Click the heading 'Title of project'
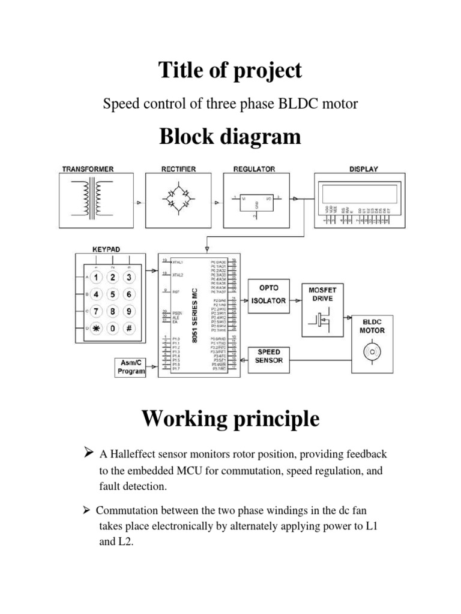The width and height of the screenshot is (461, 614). coord(230,71)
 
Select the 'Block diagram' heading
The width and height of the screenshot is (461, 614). coord(230,137)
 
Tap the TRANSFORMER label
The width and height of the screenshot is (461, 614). coord(88,169)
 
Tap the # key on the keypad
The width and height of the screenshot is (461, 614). coord(128,329)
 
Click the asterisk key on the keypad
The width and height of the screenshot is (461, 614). coord(97,329)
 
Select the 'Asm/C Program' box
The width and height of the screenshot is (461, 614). coord(131,367)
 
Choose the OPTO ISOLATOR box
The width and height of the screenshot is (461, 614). coord(268,294)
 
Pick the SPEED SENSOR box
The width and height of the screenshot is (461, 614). coord(268,356)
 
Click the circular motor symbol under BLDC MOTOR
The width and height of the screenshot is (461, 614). coord(372,351)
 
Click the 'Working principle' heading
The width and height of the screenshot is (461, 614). coord(230,420)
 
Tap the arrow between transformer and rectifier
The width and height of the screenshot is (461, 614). coord(139,204)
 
